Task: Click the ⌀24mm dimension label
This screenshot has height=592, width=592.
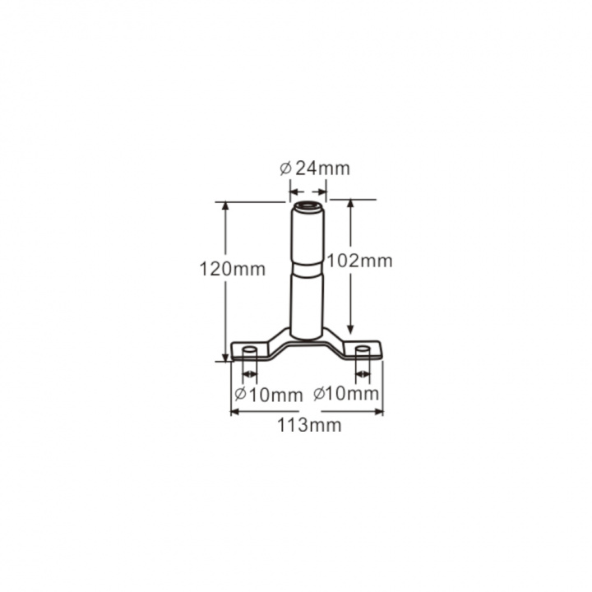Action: [x=315, y=169]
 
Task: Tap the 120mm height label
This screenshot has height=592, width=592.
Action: [x=232, y=269]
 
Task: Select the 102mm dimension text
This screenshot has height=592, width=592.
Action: [x=359, y=261]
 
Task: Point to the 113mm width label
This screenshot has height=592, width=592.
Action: [x=310, y=425]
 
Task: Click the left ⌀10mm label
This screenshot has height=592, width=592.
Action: [x=268, y=395]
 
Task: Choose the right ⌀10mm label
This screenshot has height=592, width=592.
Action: [x=346, y=394]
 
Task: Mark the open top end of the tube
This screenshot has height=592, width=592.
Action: [x=308, y=206]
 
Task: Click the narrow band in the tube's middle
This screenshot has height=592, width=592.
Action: [x=307, y=270]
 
